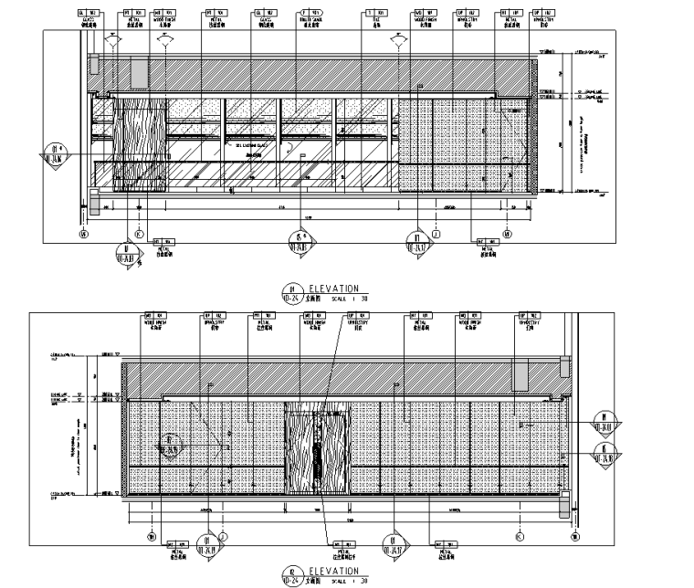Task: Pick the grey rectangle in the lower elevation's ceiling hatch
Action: [520, 374]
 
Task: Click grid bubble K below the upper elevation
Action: [138, 233]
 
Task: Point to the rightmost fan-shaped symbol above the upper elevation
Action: [398, 40]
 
